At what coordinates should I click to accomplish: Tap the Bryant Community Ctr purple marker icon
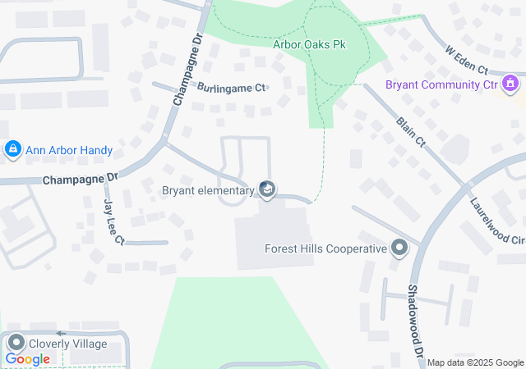[510, 83]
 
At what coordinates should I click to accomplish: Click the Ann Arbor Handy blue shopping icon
[12, 149]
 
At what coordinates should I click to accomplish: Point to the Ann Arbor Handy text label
[69, 151]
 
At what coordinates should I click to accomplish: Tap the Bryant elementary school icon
[266, 190]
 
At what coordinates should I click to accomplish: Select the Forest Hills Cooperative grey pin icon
[399, 248]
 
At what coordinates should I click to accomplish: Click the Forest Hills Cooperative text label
[325, 248]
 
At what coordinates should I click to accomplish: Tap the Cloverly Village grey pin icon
[15, 344]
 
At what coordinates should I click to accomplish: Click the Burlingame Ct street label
[231, 87]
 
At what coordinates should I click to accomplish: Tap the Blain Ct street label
[410, 131]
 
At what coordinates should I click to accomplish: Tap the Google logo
[27, 359]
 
